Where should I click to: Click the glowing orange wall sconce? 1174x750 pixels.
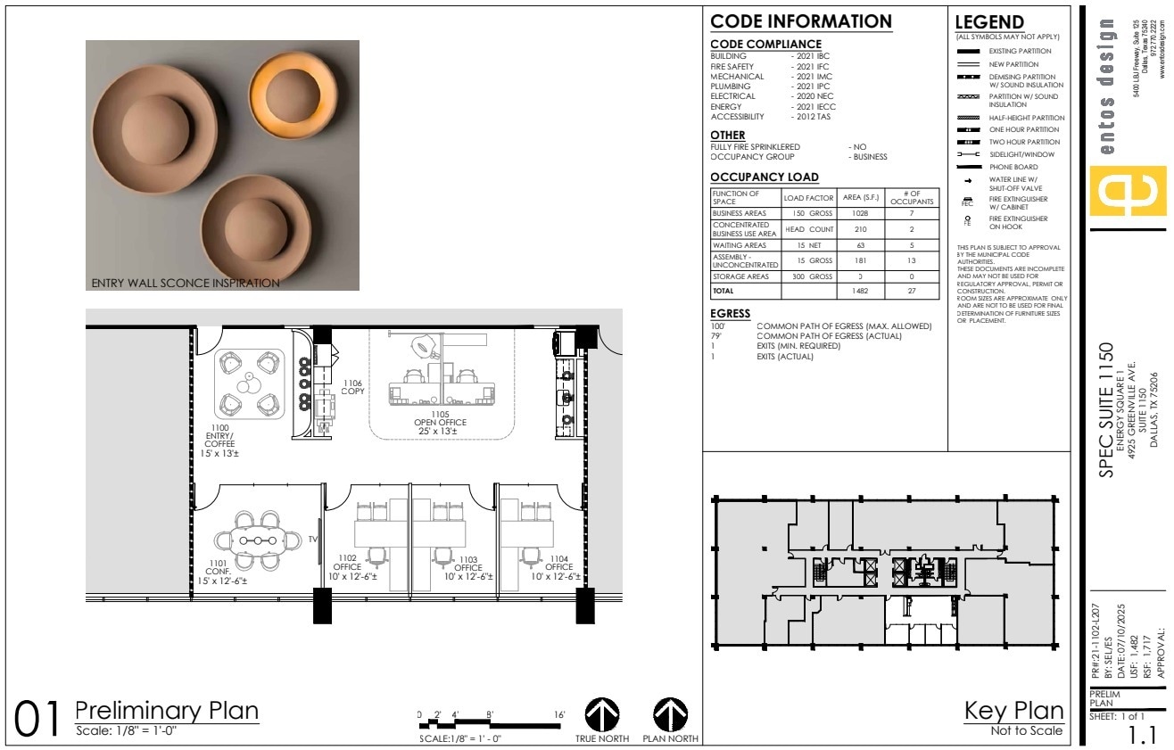pyautogui.click(x=286, y=91)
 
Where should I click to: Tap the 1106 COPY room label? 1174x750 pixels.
pyautogui.click(x=352, y=387)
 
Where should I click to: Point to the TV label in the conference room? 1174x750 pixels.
pyautogui.click(x=313, y=540)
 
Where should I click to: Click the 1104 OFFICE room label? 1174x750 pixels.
pyautogui.click(x=558, y=567)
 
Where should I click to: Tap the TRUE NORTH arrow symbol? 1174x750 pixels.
pyautogui.click(x=602, y=714)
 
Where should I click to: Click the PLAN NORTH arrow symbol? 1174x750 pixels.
pyautogui.click(x=670, y=714)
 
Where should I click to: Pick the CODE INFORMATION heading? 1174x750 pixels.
pyautogui.click(x=800, y=21)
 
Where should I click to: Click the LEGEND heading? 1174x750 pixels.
pyautogui.click(x=988, y=22)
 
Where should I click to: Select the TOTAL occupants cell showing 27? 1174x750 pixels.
pyautogui.click(x=912, y=291)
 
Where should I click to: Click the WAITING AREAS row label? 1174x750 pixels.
pyautogui.click(x=739, y=245)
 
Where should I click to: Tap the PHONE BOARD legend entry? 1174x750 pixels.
pyautogui.click(x=1013, y=167)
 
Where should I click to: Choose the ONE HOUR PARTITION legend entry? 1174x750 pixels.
pyautogui.click(x=1023, y=129)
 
